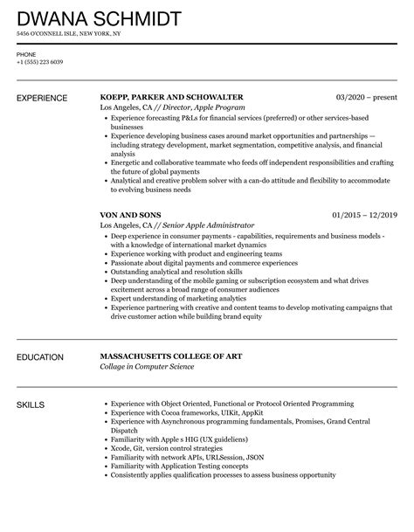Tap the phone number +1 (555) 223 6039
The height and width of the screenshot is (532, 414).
[41, 62]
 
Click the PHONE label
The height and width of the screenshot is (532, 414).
[26, 54]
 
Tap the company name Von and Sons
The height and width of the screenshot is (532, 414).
[131, 213]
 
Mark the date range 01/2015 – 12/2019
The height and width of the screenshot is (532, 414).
[366, 213]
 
